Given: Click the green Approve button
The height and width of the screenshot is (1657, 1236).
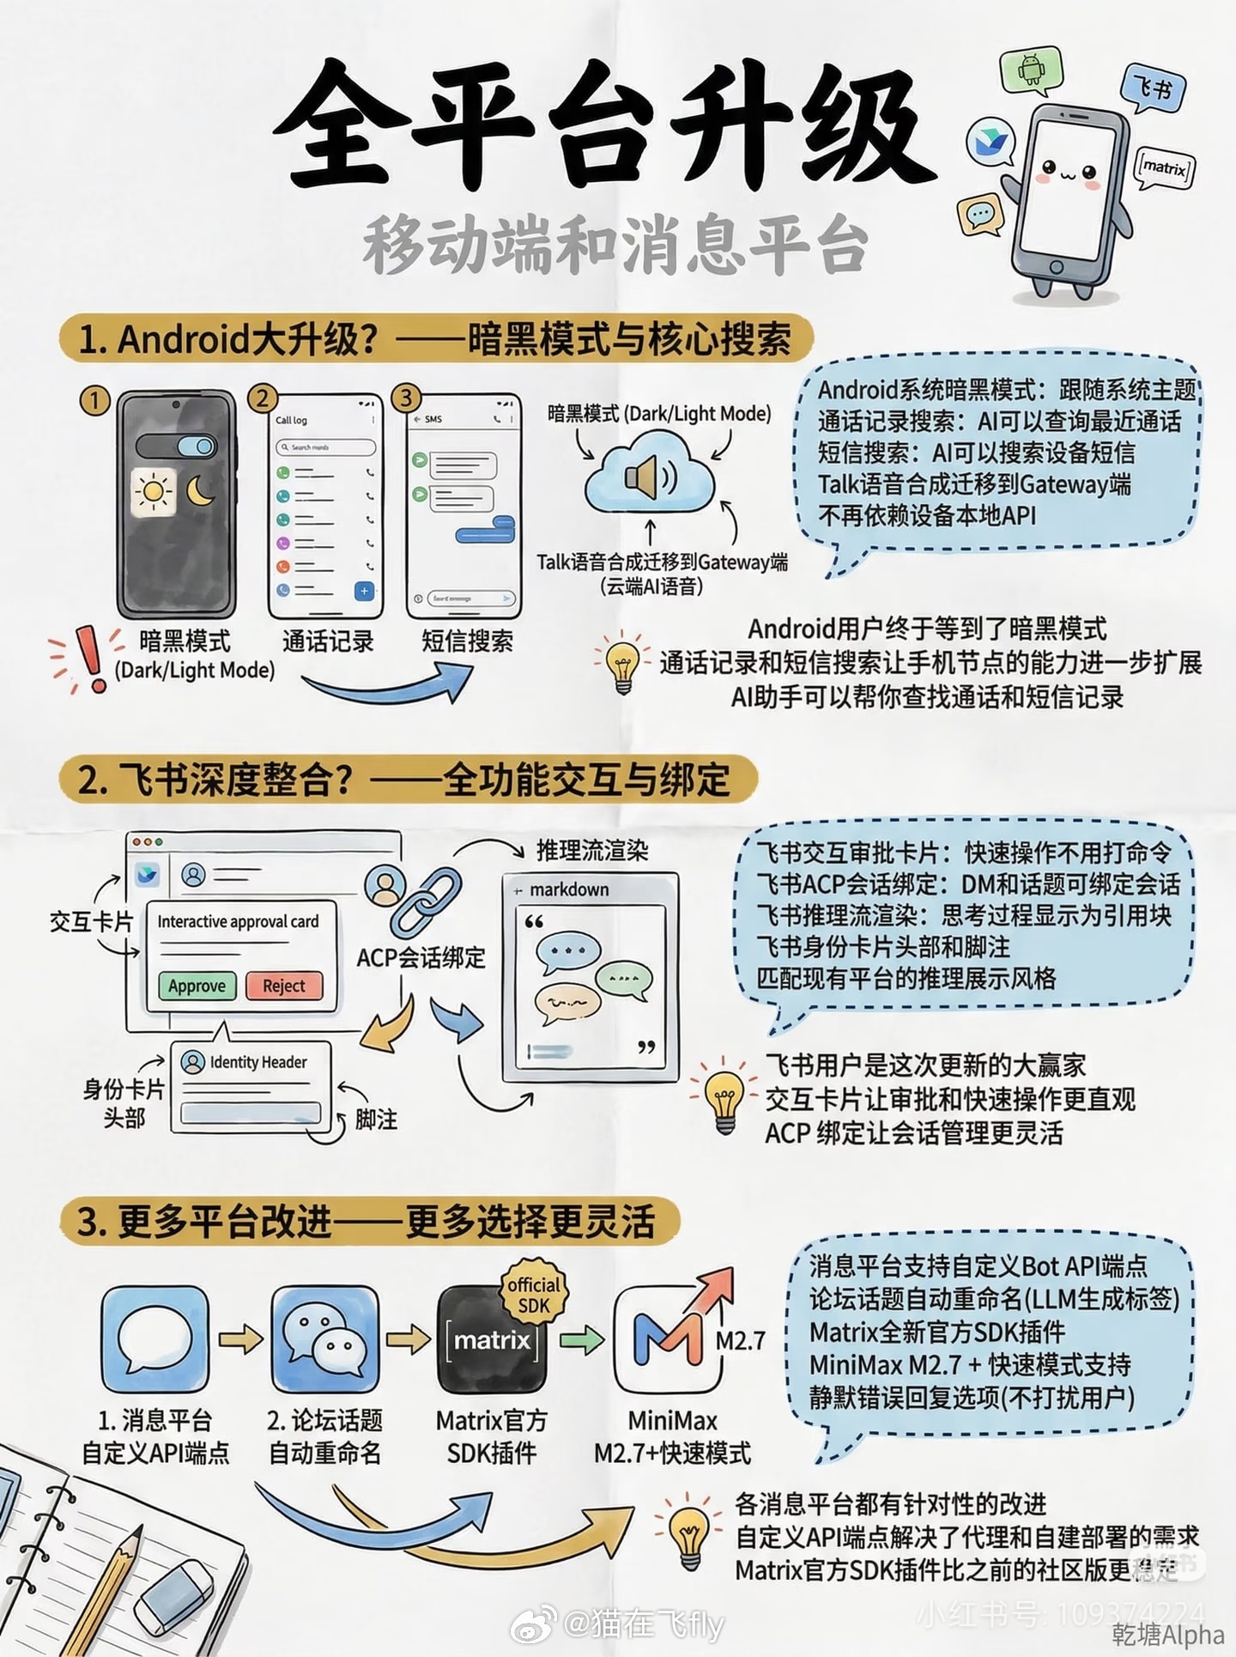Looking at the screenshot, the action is pos(197,986).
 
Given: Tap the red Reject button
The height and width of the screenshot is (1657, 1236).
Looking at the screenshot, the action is pos(284,986).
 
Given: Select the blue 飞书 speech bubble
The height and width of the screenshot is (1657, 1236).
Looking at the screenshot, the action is pos(1152,88).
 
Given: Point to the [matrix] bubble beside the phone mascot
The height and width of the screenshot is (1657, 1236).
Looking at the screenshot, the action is pos(1164,167).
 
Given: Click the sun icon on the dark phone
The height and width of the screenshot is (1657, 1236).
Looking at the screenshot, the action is pos(153,491).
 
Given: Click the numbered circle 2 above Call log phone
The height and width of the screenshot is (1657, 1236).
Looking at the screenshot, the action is pos(263,398).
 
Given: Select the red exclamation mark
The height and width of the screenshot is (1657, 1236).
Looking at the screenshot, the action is pos(88,659).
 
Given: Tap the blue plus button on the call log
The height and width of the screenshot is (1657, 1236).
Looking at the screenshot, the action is pos(364,591).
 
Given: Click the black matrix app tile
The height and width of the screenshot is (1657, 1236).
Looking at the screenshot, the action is pos(492,1339).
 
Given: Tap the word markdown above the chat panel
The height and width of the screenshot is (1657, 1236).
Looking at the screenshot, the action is pos(569,889).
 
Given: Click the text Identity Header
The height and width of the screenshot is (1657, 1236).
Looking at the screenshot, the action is pos(257,1062).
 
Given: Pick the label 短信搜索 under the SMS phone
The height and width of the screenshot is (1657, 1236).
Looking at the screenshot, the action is pos(467,641).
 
